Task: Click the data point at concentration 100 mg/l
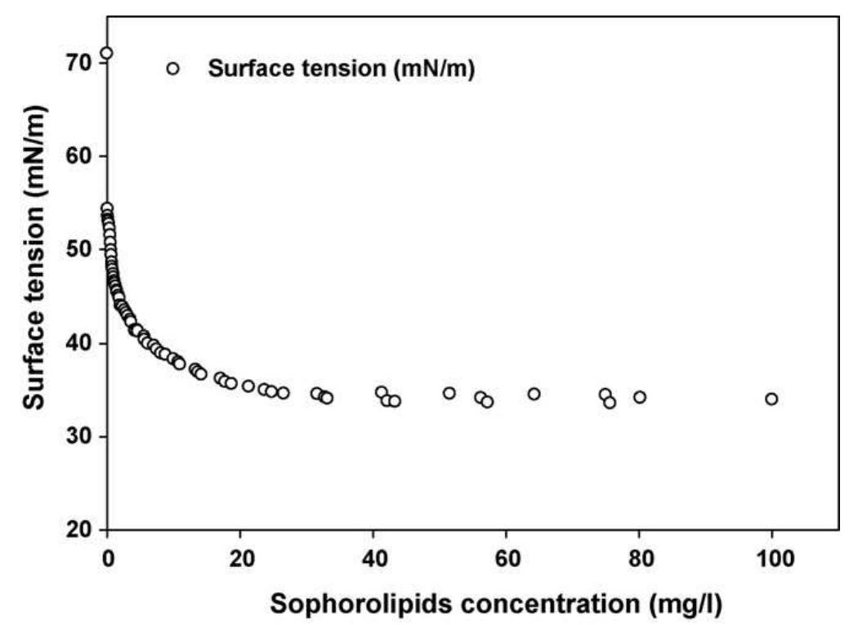pyautogui.click(x=771, y=399)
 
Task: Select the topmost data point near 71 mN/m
pyautogui.click(x=106, y=53)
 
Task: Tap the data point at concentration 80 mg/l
pyautogui.click(x=640, y=397)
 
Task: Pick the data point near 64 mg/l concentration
pyautogui.click(x=534, y=394)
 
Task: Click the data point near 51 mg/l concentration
pyautogui.click(x=449, y=393)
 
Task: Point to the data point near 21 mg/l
pyautogui.click(x=248, y=386)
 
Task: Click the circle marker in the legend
pyautogui.click(x=172, y=69)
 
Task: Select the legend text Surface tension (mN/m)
pyautogui.click(x=342, y=69)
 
